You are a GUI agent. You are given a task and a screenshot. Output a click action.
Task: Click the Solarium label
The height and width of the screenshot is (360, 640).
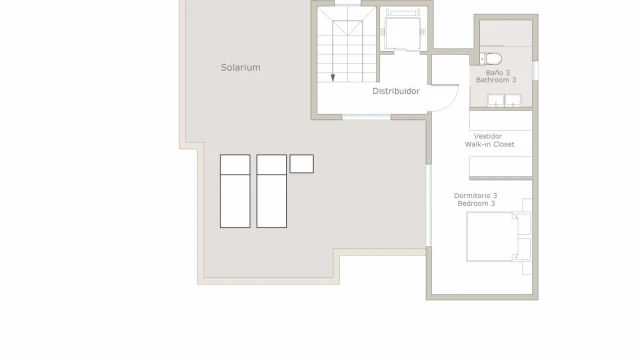[240, 67]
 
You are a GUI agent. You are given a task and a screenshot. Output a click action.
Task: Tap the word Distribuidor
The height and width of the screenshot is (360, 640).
[396, 91]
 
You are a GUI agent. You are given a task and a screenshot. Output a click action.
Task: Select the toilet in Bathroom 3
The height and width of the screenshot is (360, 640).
[491, 59]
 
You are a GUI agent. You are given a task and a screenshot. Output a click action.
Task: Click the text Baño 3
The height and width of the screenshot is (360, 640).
[498, 73]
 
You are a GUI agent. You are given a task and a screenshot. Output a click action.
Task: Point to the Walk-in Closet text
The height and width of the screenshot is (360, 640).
[489, 144]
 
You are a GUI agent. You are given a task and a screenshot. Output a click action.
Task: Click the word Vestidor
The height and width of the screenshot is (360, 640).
[488, 136]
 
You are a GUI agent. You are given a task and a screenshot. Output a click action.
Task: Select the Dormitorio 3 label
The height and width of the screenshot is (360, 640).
[476, 196]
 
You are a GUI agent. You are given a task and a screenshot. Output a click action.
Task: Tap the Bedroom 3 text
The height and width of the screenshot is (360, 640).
[476, 203]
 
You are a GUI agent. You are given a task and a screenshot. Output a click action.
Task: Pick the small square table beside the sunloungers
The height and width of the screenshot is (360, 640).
[302, 164]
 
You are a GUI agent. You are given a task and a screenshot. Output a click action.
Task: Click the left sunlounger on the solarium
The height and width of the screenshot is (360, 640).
[235, 191]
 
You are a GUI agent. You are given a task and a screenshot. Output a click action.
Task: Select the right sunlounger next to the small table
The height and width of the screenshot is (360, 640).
[271, 191]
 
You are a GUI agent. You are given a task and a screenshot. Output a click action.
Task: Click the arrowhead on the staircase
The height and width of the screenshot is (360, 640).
[333, 78]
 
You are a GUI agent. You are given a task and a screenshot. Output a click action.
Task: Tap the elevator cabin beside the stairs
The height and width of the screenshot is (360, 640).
[403, 33]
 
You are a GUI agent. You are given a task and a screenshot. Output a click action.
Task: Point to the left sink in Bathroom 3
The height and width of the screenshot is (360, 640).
[496, 100]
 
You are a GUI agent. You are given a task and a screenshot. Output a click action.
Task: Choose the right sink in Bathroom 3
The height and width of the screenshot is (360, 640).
[513, 100]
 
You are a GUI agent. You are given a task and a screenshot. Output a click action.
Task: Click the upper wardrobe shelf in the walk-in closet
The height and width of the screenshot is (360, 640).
[501, 120]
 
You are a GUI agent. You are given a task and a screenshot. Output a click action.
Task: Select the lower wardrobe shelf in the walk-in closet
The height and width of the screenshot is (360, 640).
[501, 167]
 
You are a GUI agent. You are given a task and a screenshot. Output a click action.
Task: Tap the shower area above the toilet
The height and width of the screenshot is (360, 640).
[506, 33]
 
